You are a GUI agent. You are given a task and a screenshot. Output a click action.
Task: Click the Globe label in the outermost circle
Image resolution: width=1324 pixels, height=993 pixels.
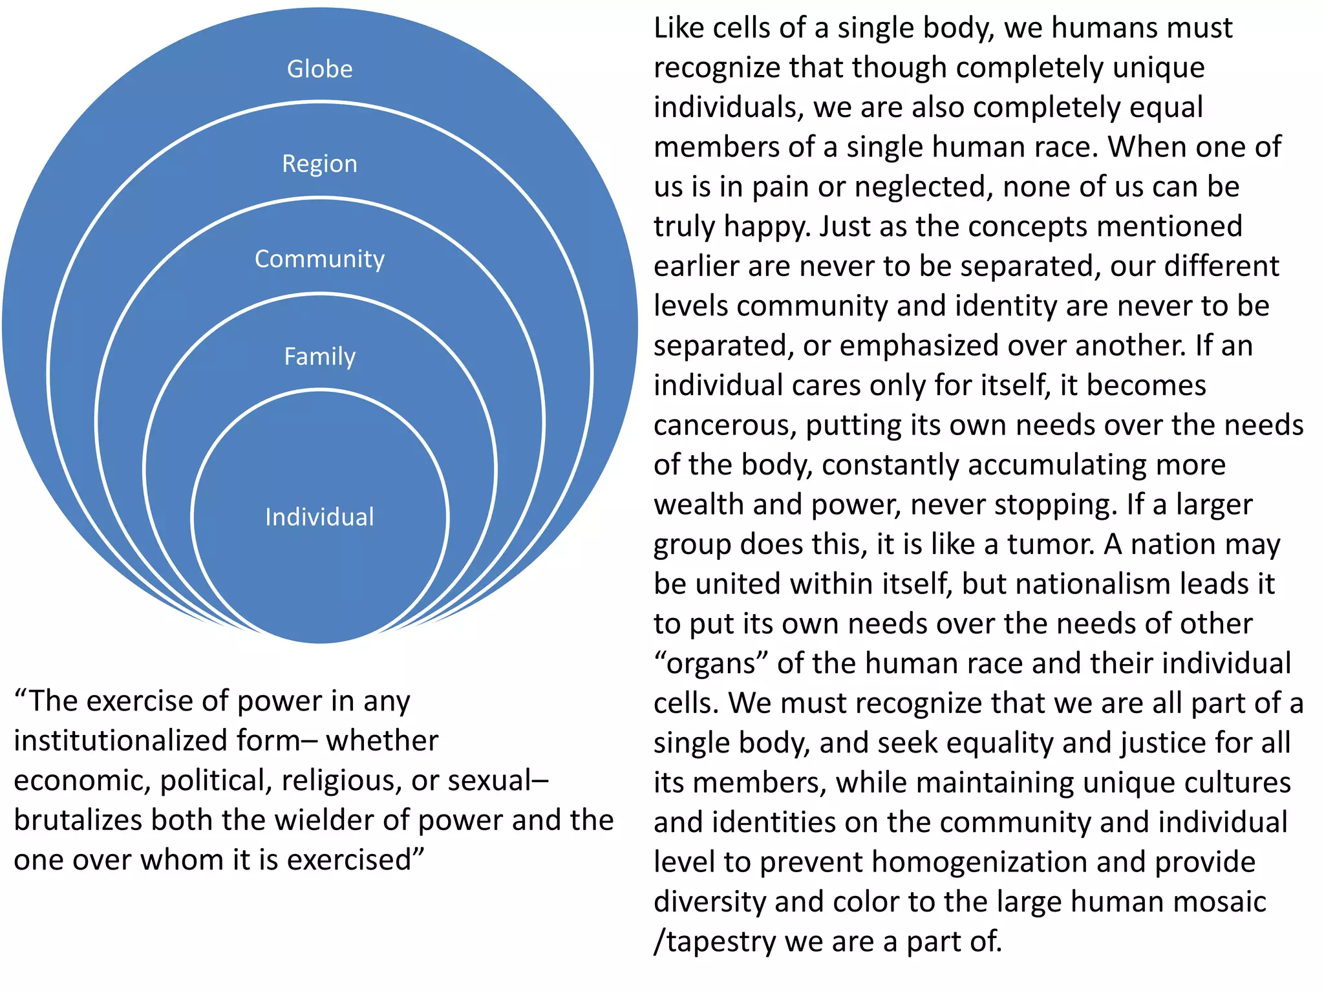[320, 69]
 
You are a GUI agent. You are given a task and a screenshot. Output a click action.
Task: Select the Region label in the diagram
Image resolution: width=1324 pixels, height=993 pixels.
[319, 164]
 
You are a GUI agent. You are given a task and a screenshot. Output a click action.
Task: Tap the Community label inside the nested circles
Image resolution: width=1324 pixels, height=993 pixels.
[319, 259]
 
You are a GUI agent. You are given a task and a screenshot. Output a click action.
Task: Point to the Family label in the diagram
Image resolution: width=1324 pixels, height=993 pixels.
[320, 356]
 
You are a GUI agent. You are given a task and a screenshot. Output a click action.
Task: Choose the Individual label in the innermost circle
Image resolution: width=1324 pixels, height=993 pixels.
[319, 517]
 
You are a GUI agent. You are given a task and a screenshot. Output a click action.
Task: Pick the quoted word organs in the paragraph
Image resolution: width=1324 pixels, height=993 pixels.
[710, 663]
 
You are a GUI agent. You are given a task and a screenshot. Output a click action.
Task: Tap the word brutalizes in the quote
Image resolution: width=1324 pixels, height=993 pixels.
[78, 820]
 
